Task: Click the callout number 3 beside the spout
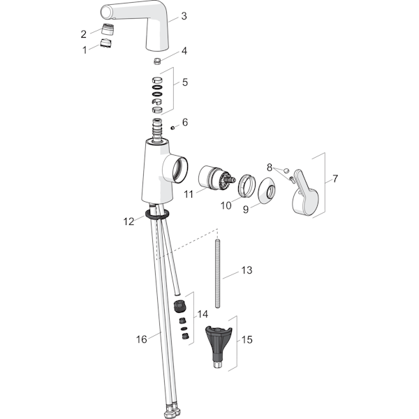point(184,16)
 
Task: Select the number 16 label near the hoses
point(141,339)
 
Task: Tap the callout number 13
point(247,270)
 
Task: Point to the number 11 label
point(189,194)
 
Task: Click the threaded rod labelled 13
point(218,273)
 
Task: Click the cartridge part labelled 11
point(216,179)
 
